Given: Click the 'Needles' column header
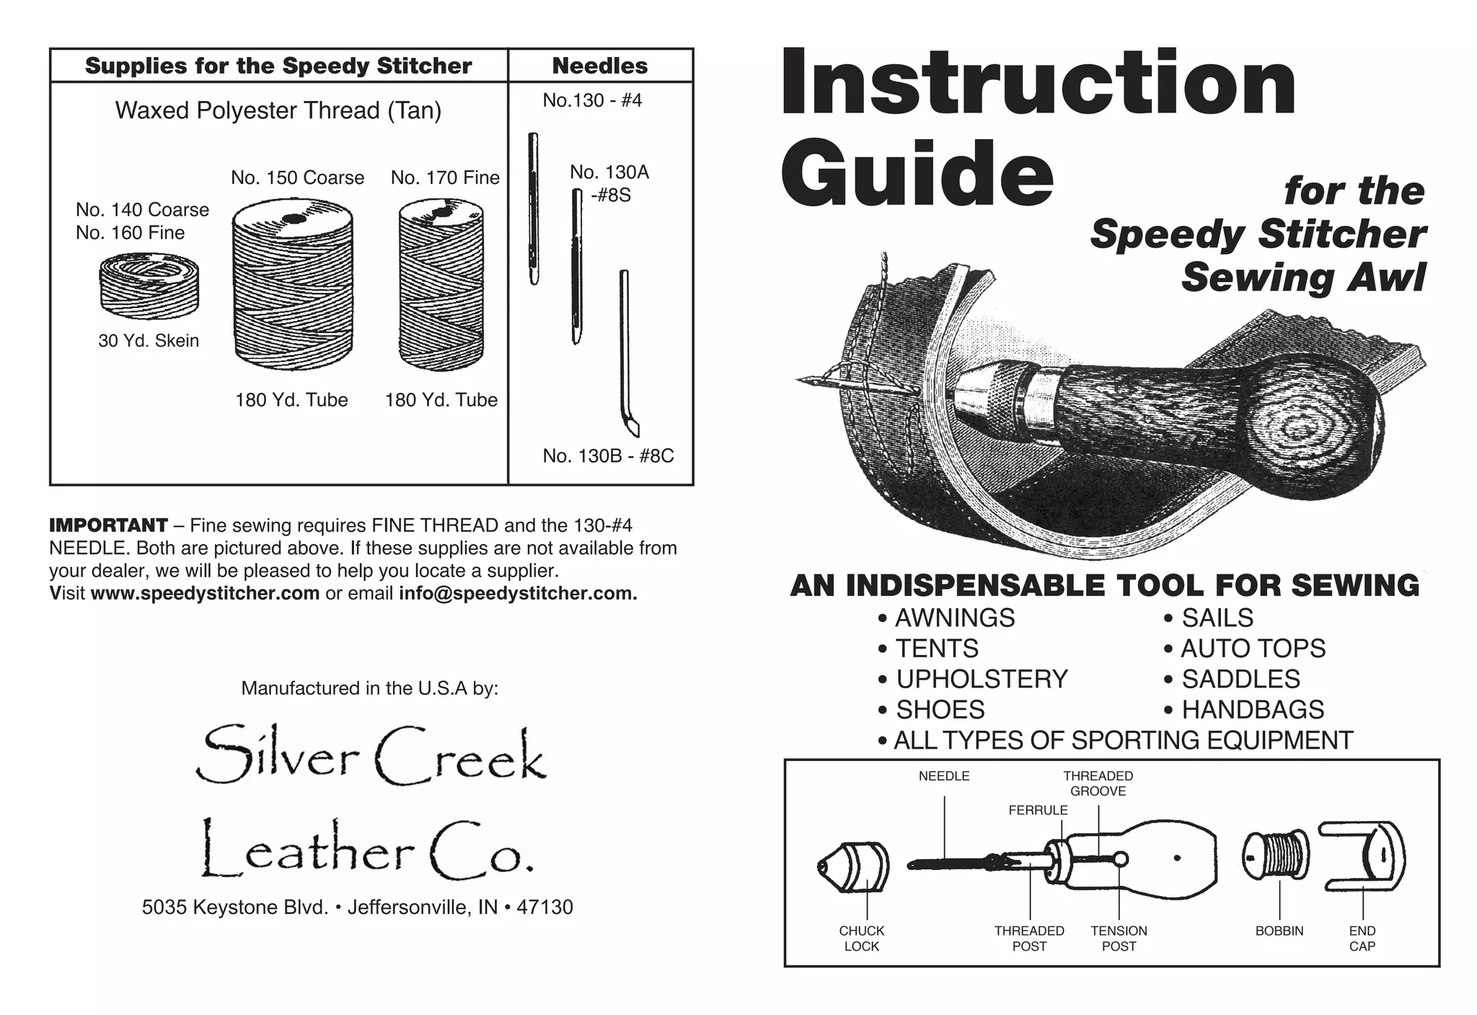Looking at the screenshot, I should pos(599,66).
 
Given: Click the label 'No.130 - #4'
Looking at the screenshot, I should pos(592,100).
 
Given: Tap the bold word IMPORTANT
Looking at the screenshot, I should pos(108,525).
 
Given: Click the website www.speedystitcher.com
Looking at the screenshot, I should pos(205,594).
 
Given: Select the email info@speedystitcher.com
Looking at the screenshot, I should pos(517,594).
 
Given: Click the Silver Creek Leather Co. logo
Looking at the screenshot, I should pos(371,804).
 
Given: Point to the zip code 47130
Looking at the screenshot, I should pos(544,907).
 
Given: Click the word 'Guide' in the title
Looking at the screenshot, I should pos(917,173).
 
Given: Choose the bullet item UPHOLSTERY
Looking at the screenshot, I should pos(981,679).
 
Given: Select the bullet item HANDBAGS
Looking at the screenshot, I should pos(1252,710).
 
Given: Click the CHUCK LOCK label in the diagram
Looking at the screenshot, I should pos(861,939).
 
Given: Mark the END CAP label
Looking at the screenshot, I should pos(1362,939).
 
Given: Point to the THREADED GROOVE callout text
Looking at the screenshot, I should pos(1098,783).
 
